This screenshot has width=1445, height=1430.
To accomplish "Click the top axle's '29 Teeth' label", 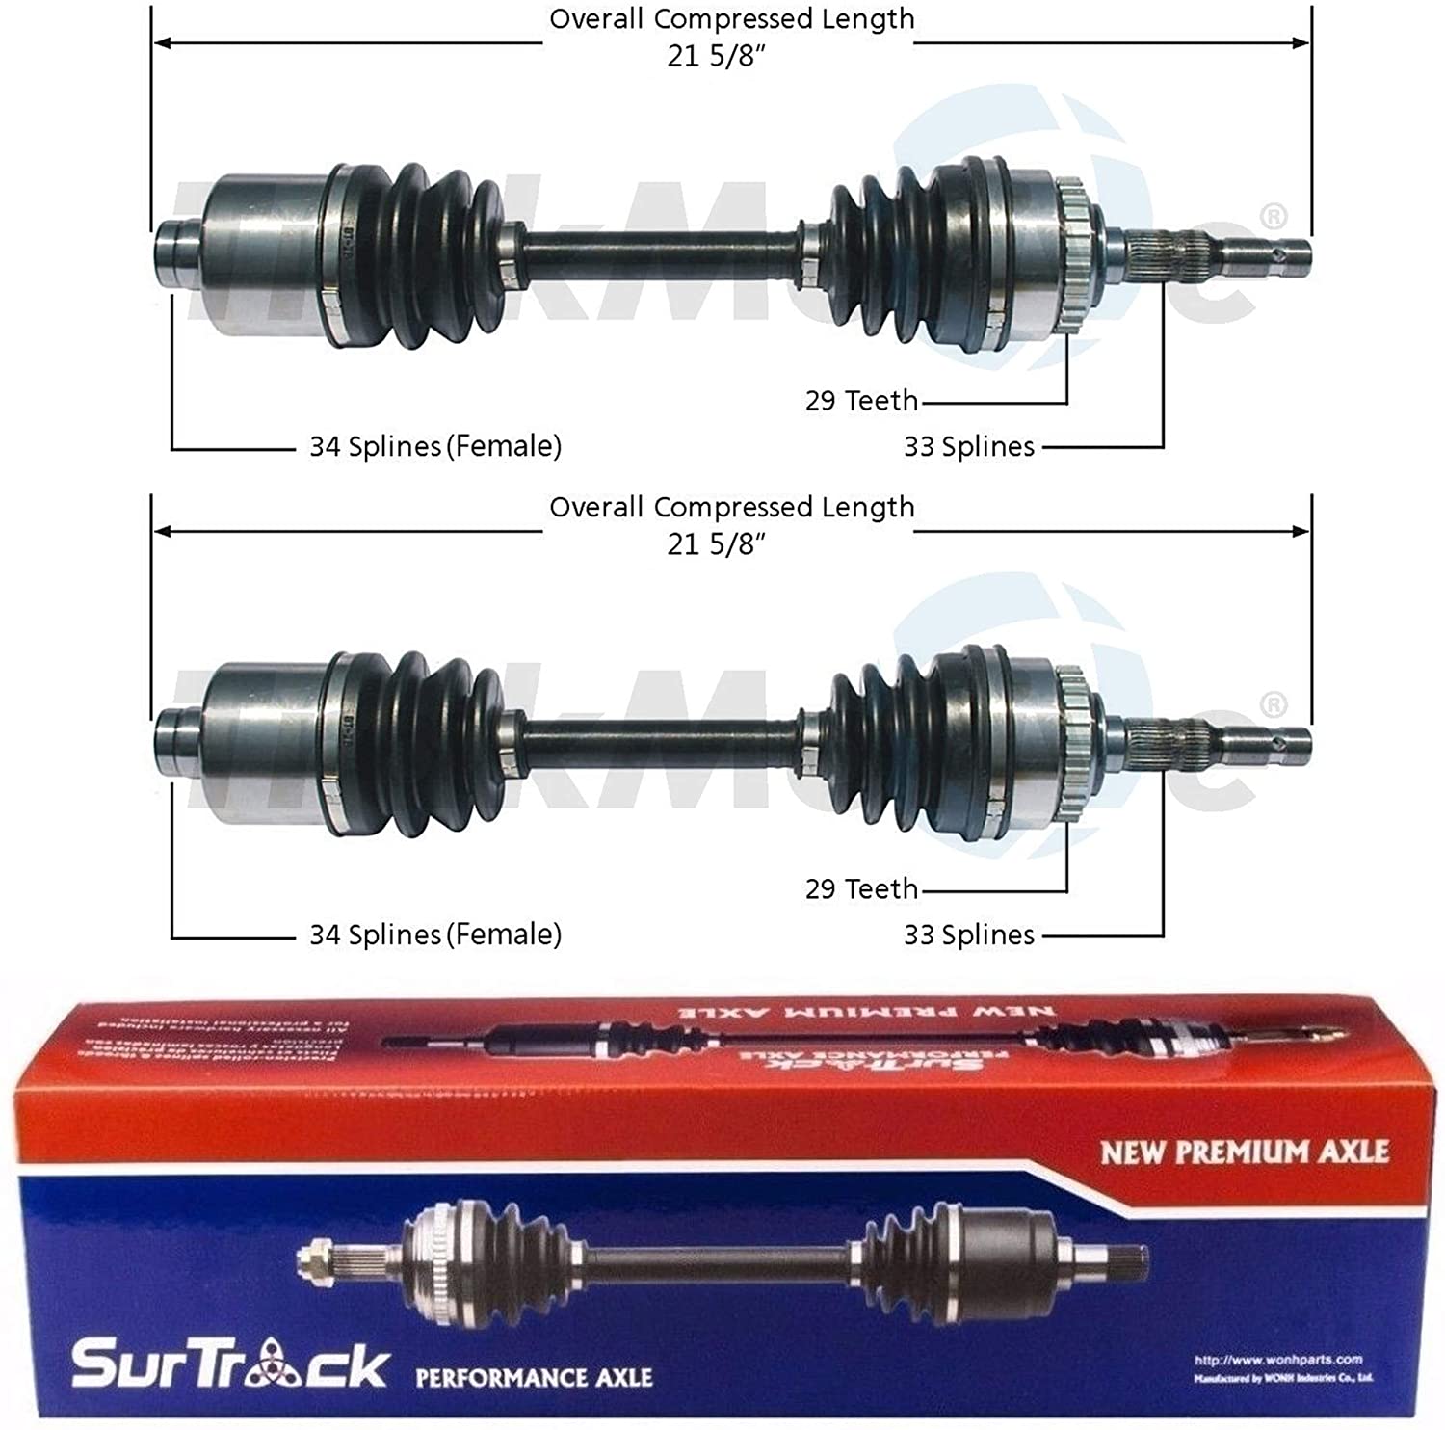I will click(861, 400).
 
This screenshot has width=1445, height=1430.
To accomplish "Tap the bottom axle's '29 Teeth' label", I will click(861, 887).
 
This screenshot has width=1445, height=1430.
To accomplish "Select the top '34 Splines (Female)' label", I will click(434, 446).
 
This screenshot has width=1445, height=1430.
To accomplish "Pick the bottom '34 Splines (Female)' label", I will click(434, 934).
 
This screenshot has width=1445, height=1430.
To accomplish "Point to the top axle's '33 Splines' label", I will click(968, 447).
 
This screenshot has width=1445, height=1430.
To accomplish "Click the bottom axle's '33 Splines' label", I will click(968, 935).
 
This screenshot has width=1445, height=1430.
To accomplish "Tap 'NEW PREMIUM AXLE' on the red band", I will click(1244, 1152).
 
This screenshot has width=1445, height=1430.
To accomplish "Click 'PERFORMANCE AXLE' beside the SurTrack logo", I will click(534, 1377).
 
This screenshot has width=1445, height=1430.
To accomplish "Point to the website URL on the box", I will click(1277, 1360).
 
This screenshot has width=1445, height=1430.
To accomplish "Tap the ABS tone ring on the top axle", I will click(1072, 256).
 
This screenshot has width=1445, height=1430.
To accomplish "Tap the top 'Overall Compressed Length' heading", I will click(731, 19).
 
